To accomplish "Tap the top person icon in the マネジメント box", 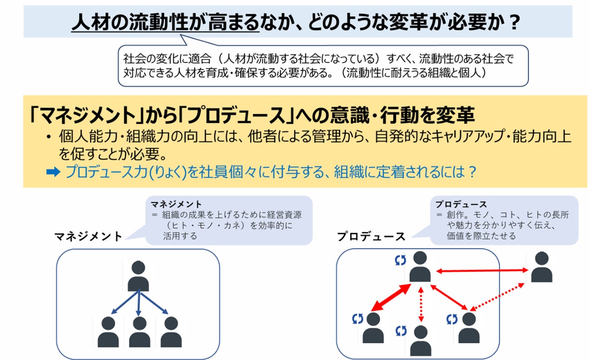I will click(138, 276).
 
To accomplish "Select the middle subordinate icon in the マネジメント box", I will click(139, 332).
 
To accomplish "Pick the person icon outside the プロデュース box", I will click(541, 267).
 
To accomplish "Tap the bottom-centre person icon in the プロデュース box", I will click(420, 341).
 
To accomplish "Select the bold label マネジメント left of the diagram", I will click(88, 236).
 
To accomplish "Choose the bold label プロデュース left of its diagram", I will click(370, 236).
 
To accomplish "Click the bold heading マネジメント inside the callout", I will click(176, 204).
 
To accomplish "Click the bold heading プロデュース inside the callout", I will click(461, 204).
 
